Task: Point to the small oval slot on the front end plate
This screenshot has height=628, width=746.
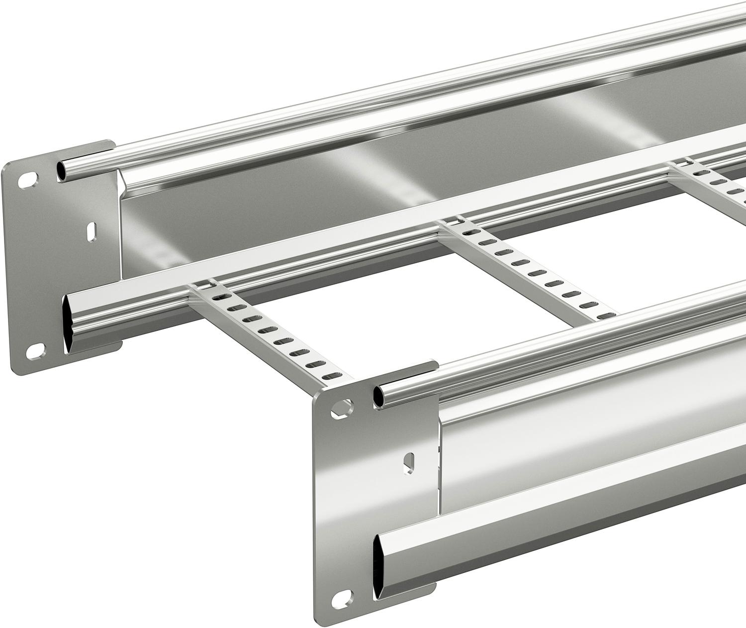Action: [411, 460]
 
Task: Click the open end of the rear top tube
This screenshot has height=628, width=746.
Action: [61, 170]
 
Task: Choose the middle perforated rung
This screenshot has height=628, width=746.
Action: [527, 269]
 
